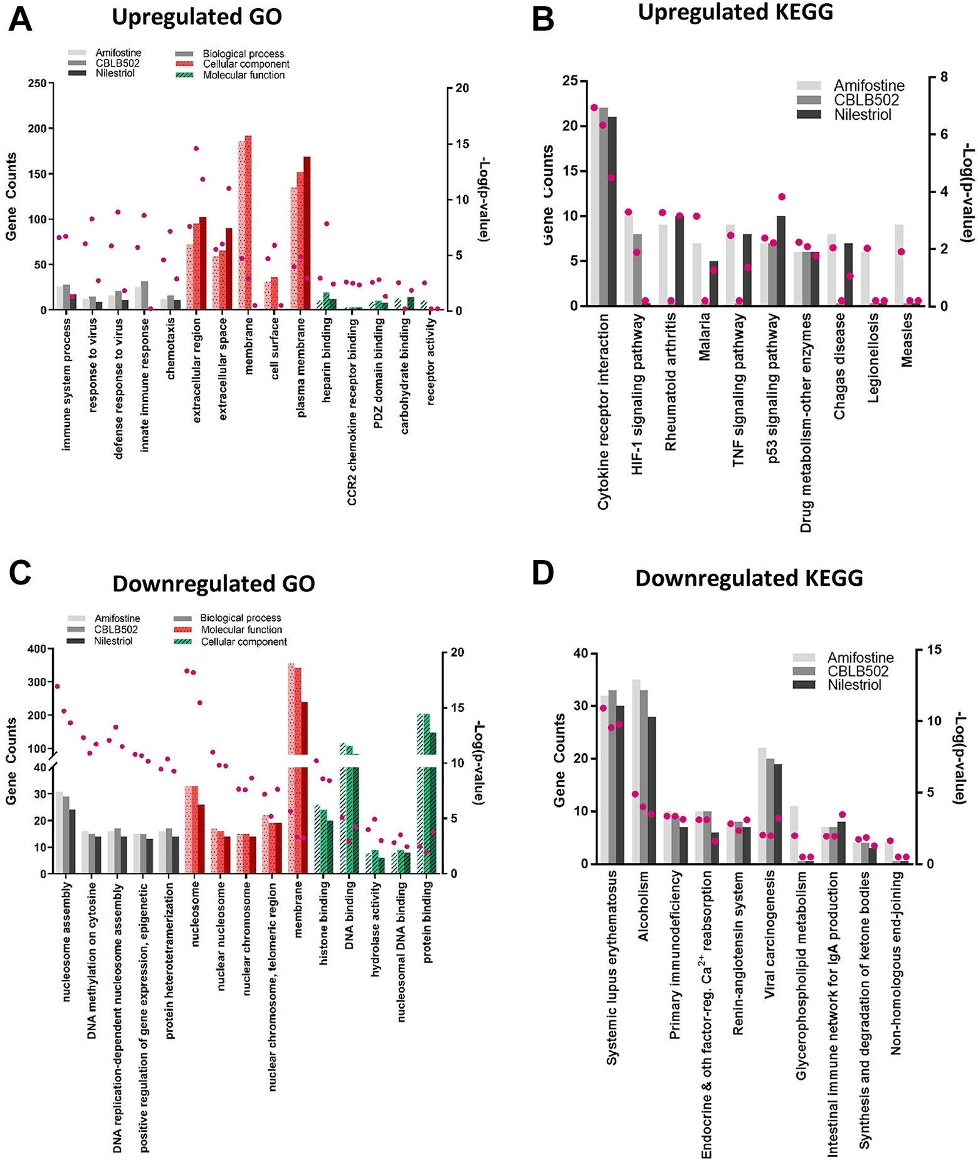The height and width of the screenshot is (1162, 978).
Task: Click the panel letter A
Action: pos(20,19)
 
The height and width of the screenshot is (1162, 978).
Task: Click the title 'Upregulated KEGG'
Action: pos(735,12)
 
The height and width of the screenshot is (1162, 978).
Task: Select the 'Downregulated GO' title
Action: pos(214,584)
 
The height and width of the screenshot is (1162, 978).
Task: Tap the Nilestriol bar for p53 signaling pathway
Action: pos(781,261)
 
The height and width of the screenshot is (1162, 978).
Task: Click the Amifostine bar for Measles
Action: pos(899,265)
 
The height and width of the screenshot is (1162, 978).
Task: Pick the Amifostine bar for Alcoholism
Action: pos(636,771)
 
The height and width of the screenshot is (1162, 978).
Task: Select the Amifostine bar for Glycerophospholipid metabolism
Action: pos(794,835)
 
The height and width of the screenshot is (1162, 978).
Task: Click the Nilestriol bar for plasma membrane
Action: pos(307,233)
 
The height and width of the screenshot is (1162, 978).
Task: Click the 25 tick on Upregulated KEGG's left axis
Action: pos(570,81)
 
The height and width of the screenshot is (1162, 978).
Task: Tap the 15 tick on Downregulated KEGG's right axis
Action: pos(934,649)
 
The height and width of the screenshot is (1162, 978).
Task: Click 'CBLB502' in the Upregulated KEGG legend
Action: pos(866,100)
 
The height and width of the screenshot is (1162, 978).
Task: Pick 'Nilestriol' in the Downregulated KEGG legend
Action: pos(854,685)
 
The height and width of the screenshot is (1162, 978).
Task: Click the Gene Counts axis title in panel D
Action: pos(559,759)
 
